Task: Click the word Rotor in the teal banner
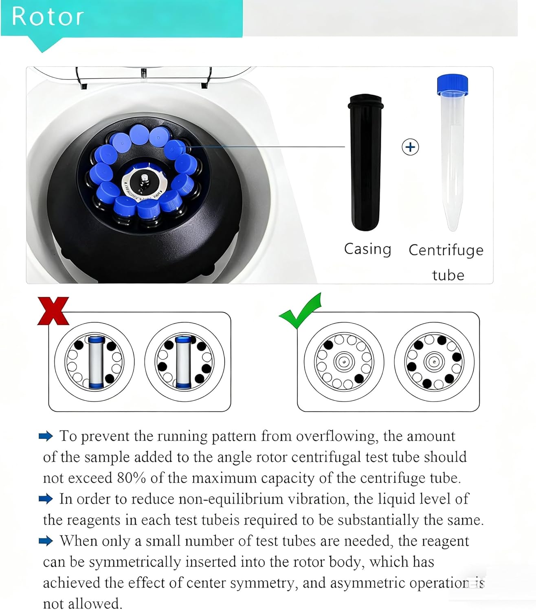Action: pyautogui.click(x=48, y=17)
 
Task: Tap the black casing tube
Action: pyautogui.click(x=365, y=163)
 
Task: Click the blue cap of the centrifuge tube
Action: pyautogui.click(x=452, y=84)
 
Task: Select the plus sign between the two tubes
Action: pyautogui.click(x=410, y=147)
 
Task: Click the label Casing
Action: pyautogui.click(x=367, y=249)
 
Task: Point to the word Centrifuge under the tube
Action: pyautogui.click(x=446, y=250)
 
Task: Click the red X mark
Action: pyautogui.click(x=53, y=311)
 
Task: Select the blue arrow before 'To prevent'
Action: pyautogui.click(x=46, y=436)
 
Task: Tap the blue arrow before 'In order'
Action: pyautogui.click(x=46, y=499)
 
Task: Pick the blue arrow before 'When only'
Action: pyautogui.click(x=46, y=541)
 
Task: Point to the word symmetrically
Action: pyautogui.click(x=135, y=562)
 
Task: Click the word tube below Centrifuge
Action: pyautogui.click(x=448, y=275)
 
